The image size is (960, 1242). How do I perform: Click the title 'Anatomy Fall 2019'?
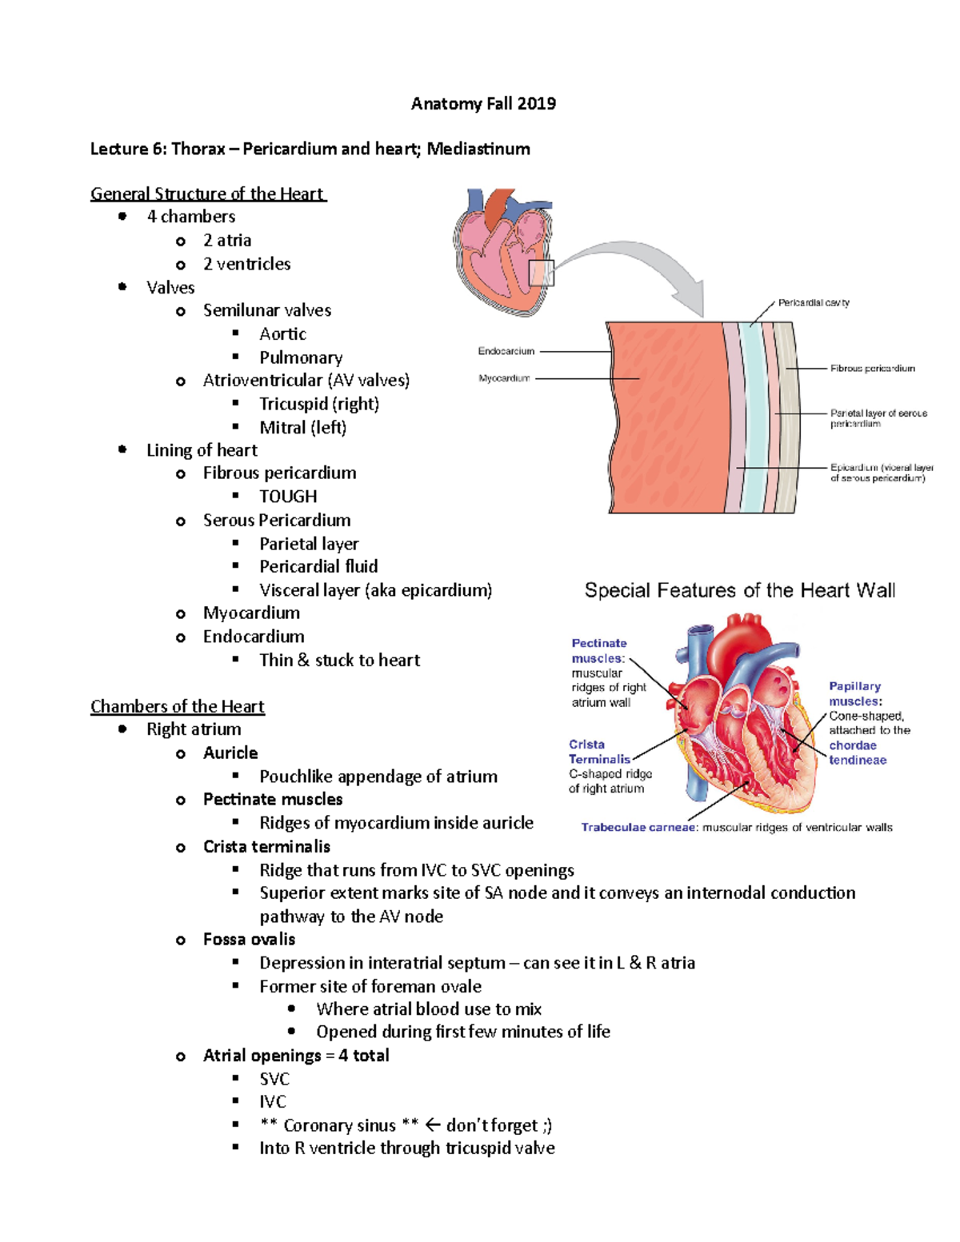pos(483,103)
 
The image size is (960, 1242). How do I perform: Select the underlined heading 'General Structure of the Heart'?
pos(207,194)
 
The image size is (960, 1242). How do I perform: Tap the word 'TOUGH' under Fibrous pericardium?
pos(288,497)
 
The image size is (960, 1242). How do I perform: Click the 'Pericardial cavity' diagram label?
pos(813,302)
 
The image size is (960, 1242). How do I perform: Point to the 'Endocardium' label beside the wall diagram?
pos(506,351)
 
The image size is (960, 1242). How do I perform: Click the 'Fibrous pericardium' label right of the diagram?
pos(872,369)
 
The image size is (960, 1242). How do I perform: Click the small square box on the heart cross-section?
pos(542,273)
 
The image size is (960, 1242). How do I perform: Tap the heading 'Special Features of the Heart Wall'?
pos(739,590)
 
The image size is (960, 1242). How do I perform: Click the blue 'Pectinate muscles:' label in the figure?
pos(598,651)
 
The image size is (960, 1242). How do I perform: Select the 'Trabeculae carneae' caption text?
pos(638,828)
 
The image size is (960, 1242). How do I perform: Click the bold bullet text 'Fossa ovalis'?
pos(249,939)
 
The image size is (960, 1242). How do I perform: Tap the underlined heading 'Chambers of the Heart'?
pos(177,706)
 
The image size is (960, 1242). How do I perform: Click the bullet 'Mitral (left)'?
pos(302,428)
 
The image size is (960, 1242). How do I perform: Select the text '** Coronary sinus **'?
pos(339,1125)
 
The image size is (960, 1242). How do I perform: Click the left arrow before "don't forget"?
pos(433,1125)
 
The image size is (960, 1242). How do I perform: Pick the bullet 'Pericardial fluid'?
pos(318,566)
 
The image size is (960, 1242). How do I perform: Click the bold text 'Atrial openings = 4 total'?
pos(295,1056)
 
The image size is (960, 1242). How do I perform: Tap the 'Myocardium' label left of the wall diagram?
pos(504,378)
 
